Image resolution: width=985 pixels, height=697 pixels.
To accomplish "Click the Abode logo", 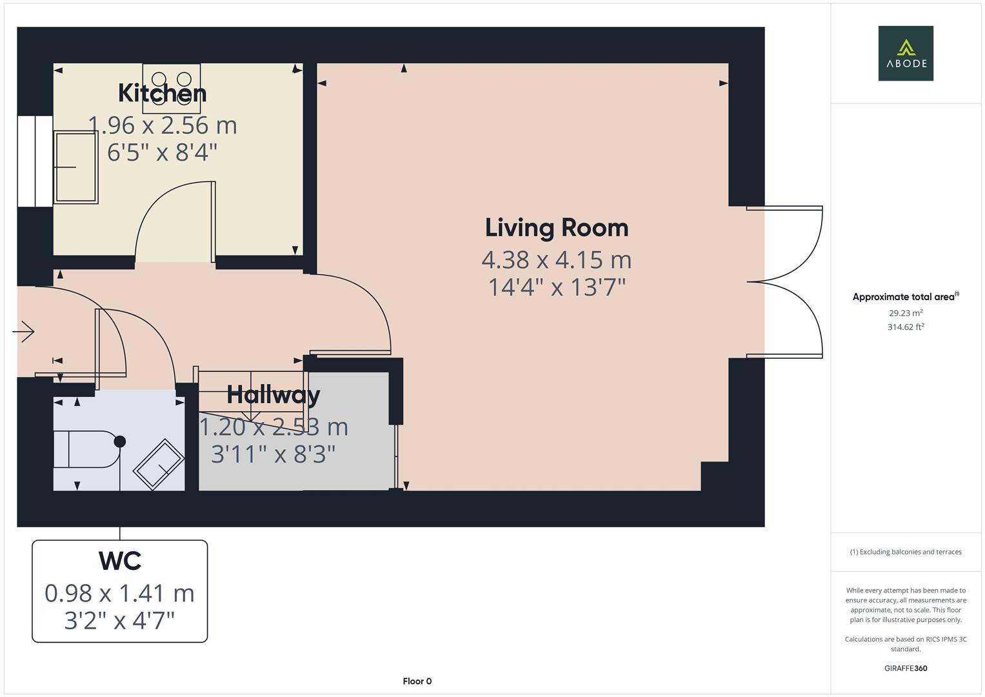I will [x=905, y=53].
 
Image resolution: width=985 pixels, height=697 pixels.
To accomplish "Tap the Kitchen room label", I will [x=162, y=94].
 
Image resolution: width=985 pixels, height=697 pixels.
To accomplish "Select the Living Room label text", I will [x=556, y=228].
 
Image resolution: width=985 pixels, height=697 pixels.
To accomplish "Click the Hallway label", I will [x=274, y=395].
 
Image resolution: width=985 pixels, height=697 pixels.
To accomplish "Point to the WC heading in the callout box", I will [x=120, y=561].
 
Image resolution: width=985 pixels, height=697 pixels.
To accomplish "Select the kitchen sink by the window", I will [x=75, y=167].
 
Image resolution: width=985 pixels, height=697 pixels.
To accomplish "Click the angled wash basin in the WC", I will [x=159, y=463].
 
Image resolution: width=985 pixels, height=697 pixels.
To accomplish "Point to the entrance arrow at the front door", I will [x=24, y=332].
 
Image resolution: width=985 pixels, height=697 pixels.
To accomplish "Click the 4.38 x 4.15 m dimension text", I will [x=556, y=259].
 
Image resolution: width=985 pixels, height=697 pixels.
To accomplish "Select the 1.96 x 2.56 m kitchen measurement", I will [x=162, y=125].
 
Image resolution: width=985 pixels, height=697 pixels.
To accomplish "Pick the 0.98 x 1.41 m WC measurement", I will [x=119, y=593].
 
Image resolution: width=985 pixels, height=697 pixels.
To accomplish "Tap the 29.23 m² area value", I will [x=905, y=313].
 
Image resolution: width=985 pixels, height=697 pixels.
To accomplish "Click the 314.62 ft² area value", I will [x=905, y=327].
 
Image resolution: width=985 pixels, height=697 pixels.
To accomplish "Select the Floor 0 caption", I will [x=417, y=681].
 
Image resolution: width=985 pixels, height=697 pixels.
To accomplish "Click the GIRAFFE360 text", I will [x=905, y=668].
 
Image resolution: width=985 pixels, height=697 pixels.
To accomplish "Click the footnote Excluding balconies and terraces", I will [x=905, y=552].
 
